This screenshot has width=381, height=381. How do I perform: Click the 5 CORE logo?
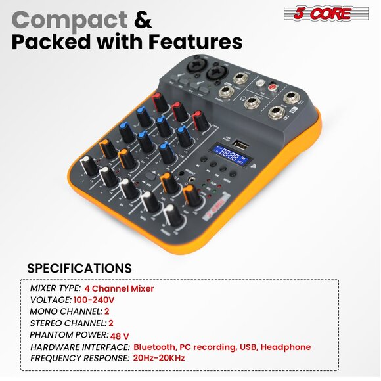pos(318,13)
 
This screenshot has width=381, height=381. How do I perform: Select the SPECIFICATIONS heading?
pos(79,269)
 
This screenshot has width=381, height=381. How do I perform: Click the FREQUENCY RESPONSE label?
pos(79,359)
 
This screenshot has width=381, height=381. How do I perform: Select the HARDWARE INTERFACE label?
pos(79,347)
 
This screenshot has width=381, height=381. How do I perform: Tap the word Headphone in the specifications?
pos(286,347)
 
